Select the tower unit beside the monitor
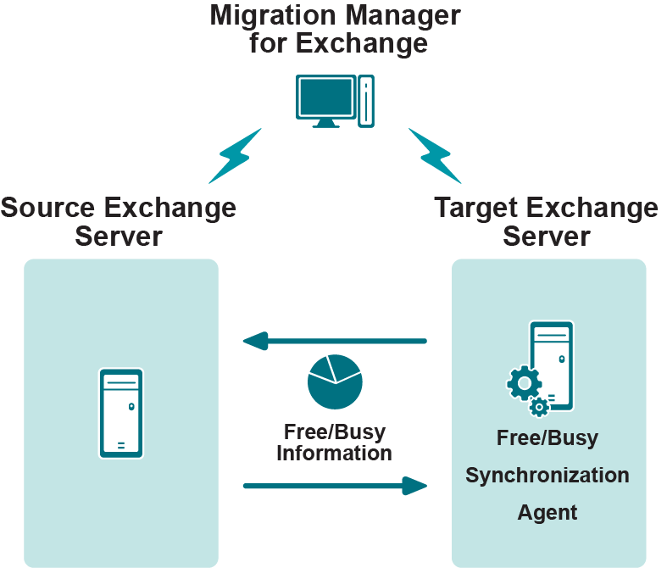366,101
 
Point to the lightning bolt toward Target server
435,156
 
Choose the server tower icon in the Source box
121,413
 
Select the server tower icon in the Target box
553,365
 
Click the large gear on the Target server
524,383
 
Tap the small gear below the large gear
538,408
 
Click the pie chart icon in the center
335,381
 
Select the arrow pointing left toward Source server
334,341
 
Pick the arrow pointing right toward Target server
334,486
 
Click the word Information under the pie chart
334,453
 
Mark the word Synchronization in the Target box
547,475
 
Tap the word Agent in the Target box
547,512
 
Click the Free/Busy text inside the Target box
547,438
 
